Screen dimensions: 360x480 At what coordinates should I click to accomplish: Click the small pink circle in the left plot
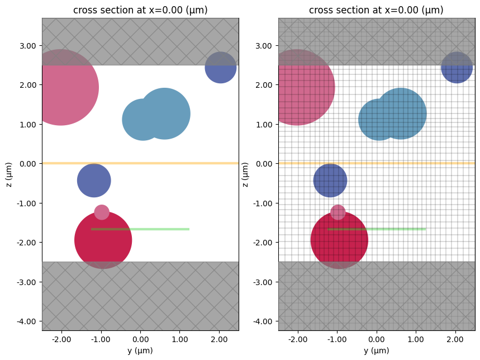102,212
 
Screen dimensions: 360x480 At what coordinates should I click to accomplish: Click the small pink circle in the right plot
338,212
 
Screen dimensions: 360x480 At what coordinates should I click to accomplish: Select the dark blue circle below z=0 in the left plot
94,181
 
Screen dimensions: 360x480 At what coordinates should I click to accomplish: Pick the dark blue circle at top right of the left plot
220,67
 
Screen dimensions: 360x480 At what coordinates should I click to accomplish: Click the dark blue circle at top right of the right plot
457,67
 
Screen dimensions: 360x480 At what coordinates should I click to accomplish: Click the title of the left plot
140,10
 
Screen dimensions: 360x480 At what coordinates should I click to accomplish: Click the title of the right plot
377,10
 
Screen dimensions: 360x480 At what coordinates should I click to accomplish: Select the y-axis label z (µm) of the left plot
9,174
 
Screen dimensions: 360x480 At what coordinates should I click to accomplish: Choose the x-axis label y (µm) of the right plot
377,350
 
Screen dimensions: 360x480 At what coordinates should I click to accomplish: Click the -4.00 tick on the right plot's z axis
263,321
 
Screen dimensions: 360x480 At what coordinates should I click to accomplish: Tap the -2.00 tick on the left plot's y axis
61,339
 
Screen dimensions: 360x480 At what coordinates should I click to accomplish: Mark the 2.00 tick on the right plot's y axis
455,339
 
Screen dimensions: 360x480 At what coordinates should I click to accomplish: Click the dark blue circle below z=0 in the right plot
330,181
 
